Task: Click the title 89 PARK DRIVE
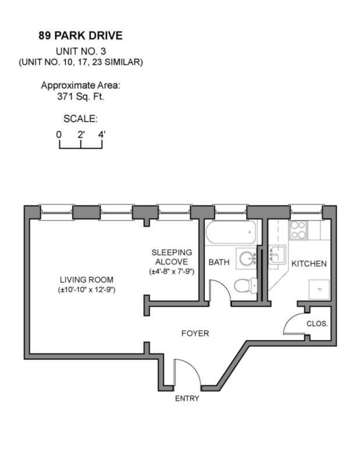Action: (x=80, y=36)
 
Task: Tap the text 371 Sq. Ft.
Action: (x=80, y=97)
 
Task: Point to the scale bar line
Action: (x=81, y=147)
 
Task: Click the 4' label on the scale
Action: (x=103, y=135)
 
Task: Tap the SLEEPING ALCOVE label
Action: (x=171, y=257)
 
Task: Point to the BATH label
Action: (x=219, y=263)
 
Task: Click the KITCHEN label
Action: (x=309, y=264)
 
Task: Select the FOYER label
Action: (x=195, y=334)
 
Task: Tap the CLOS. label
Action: (x=317, y=324)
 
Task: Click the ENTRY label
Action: (x=187, y=398)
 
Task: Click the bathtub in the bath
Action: (x=230, y=234)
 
